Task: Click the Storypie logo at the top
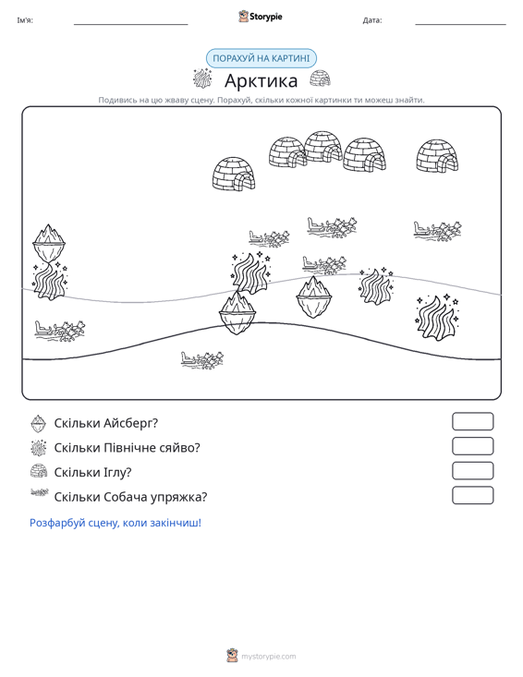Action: pyautogui.click(x=261, y=17)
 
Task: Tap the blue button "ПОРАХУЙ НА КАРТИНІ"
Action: pyautogui.click(x=261, y=58)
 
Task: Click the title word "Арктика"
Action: pyautogui.click(x=261, y=80)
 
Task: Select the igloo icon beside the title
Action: pyautogui.click(x=320, y=79)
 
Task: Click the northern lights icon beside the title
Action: pyautogui.click(x=202, y=79)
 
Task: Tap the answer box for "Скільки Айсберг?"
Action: pyautogui.click(x=472, y=421)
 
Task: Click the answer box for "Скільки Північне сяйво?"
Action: pyautogui.click(x=472, y=446)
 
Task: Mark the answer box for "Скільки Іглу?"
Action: pyautogui.click(x=472, y=471)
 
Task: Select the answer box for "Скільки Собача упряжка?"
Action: pyautogui.click(x=472, y=495)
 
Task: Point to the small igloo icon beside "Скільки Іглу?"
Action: pyautogui.click(x=39, y=471)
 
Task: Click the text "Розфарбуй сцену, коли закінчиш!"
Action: pyautogui.click(x=116, y=523)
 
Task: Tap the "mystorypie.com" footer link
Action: pyautogui.click(x=268, y=657)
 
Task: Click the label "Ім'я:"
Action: pyautogui.click(x=25, y=20)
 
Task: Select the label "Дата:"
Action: pyautogui.click(x=372, y=20)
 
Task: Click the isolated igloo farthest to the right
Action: pyautogui.click(x=437, y=156)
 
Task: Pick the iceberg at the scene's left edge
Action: pyautogui.click(x=49, y=242)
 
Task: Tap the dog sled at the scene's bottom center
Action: pyautogui.click(x=201, y=359)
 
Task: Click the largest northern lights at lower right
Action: pyautogui.click(x=437, y=318)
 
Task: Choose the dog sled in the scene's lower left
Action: pyautogui.click(x=59, y=331)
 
